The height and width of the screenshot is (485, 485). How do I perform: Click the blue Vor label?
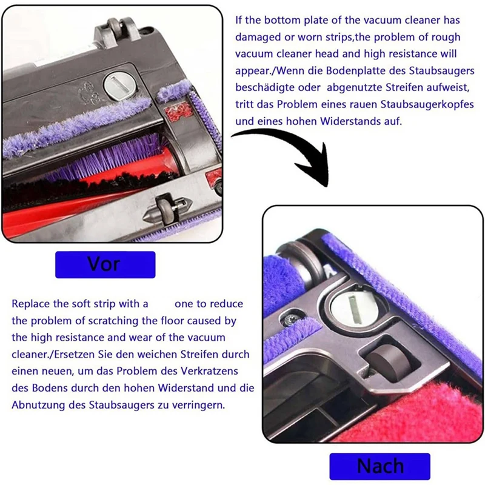[x=105, y=264]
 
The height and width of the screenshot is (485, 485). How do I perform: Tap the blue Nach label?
[x=380, y=466]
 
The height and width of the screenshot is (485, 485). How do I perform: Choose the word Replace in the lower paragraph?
[x=30, y=303]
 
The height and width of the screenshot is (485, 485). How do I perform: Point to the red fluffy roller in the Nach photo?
[x=424, y=412]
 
